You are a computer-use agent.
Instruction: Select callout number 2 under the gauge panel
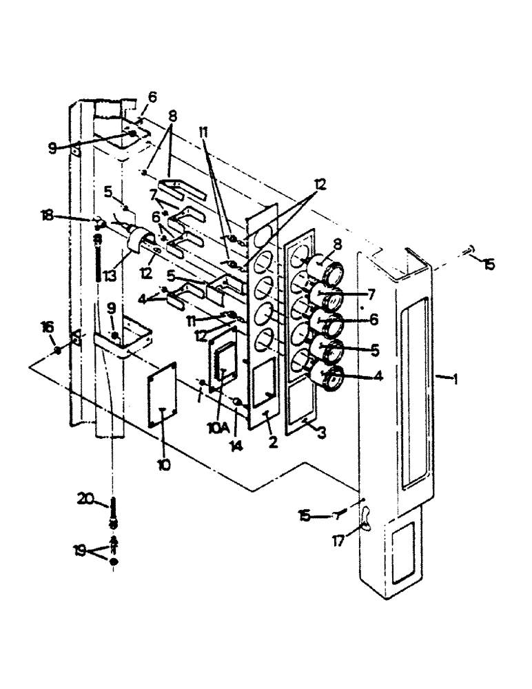pos(273,442)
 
